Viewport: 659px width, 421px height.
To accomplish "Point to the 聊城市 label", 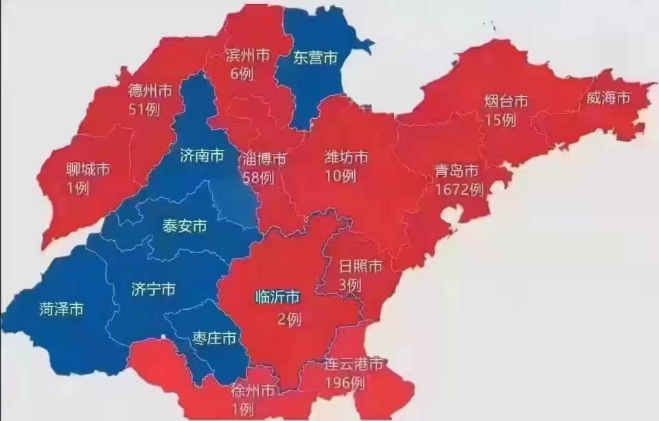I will [88, 168].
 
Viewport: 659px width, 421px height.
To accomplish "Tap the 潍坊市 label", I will [346, 157].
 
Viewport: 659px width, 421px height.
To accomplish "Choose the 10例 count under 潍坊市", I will [340, 176].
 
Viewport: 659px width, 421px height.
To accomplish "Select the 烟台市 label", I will [505, 102].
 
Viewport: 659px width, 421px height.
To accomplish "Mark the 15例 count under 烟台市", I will [499, 120].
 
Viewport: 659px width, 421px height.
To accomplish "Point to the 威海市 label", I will [608, 98].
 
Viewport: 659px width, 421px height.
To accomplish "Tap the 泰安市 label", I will [184, 226].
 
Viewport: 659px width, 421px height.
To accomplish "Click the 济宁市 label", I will [152, 289].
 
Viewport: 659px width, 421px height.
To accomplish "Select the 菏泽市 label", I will [61, 310].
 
